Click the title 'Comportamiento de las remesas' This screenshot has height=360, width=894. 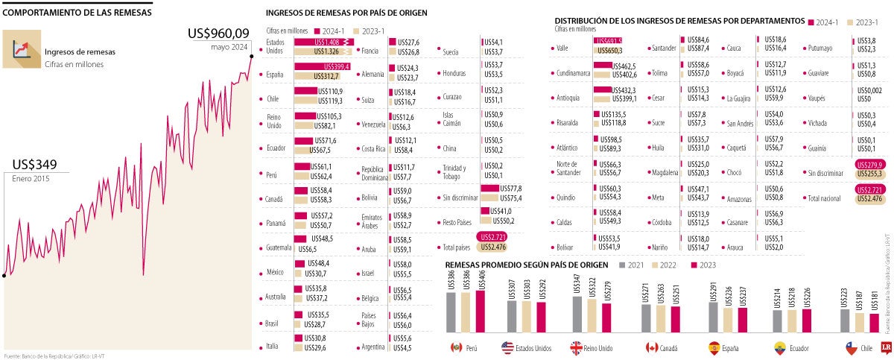coord(77,13)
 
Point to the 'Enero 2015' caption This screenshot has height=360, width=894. coord(31,178)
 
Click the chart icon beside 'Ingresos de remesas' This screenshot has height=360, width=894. coord(22,49)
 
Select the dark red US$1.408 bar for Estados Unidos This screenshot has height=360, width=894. coord(320,42)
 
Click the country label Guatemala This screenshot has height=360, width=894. coord(279,247)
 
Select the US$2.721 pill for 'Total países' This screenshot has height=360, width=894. coord(492,237)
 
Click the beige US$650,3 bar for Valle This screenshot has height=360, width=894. coord(606,50)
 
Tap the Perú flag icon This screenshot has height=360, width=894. coord(457,347)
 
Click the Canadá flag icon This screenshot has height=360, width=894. coord(651,347)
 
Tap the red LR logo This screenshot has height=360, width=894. coord(887,347)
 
